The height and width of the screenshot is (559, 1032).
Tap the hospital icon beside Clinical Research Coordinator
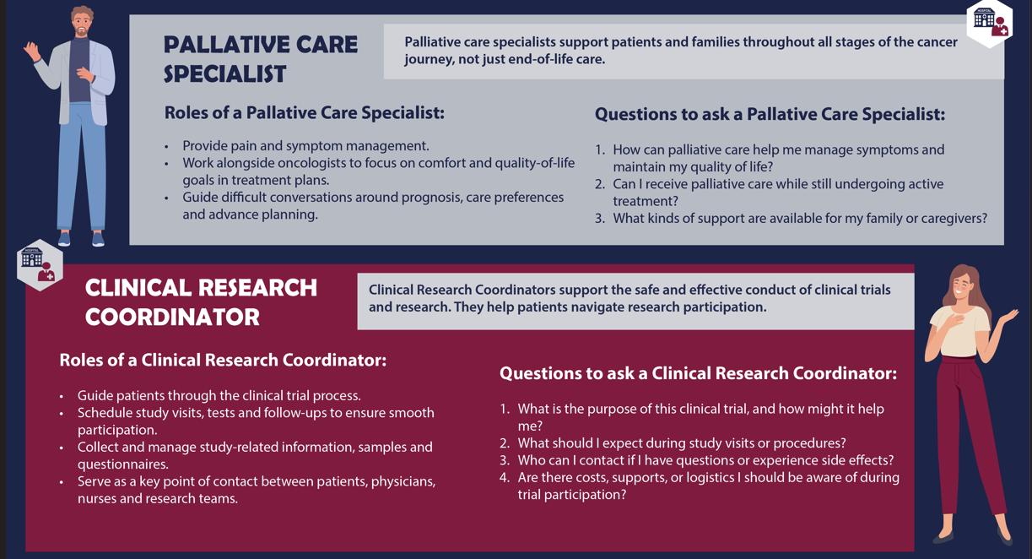pos(39,263)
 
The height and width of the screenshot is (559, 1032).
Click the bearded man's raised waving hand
pos(33,52)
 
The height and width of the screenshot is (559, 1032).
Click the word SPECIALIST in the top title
pos(224,74)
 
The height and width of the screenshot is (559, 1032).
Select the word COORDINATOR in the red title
pos(172,317)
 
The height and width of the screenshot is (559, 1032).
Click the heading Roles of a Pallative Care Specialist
pos(304,112)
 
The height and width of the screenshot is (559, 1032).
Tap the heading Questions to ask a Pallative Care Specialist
pos(770,114)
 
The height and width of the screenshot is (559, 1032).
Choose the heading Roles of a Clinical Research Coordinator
pos(223,361)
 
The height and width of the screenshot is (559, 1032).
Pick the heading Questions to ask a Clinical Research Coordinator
pos(698,373)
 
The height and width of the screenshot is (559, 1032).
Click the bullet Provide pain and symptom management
pos(305,146)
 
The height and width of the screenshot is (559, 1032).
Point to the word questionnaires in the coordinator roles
pos(123,464)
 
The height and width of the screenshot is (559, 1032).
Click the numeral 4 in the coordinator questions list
pos(504,478)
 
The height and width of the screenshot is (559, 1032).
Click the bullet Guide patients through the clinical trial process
pos(219,396)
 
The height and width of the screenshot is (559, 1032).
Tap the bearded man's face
pos(81,24)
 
